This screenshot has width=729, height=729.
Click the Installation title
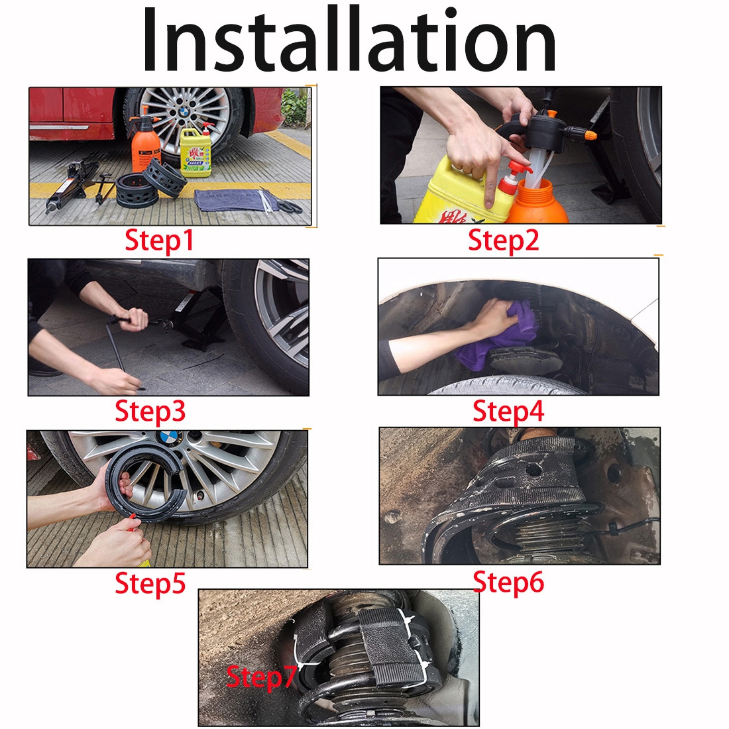tap(349, 39)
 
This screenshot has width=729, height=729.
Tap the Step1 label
tap(159, 241)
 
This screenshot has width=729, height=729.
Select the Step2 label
tap(504, 241)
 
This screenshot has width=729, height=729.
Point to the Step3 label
tap(150, 412)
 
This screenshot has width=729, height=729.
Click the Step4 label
tap(508, 412)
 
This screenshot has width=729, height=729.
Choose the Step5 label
tap(150, 583)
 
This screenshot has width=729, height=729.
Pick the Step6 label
tap(508, 582)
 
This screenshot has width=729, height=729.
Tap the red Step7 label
tap(261, 677)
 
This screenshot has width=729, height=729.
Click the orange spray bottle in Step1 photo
tap(145, 139)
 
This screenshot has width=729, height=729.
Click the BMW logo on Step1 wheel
tap(184, 111)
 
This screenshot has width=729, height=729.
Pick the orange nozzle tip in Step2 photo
tap(590, 135)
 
